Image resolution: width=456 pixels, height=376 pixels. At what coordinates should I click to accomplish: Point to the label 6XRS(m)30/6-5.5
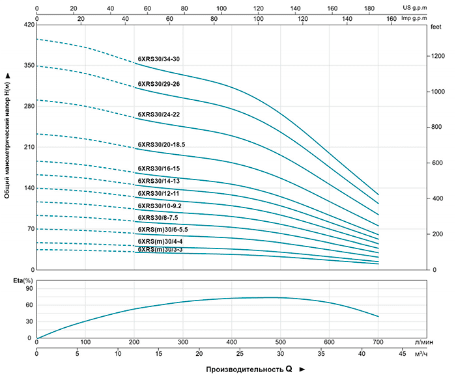(x=163, y=230)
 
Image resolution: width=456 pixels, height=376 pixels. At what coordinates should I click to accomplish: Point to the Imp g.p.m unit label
(x=433, y=19)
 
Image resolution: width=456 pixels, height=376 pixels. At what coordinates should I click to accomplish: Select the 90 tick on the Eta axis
(x=27, y=287)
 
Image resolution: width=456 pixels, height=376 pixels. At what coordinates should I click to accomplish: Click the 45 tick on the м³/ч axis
(x=403, y=355)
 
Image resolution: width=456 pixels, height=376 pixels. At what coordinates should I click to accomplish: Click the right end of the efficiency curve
(x=378, y=317)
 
